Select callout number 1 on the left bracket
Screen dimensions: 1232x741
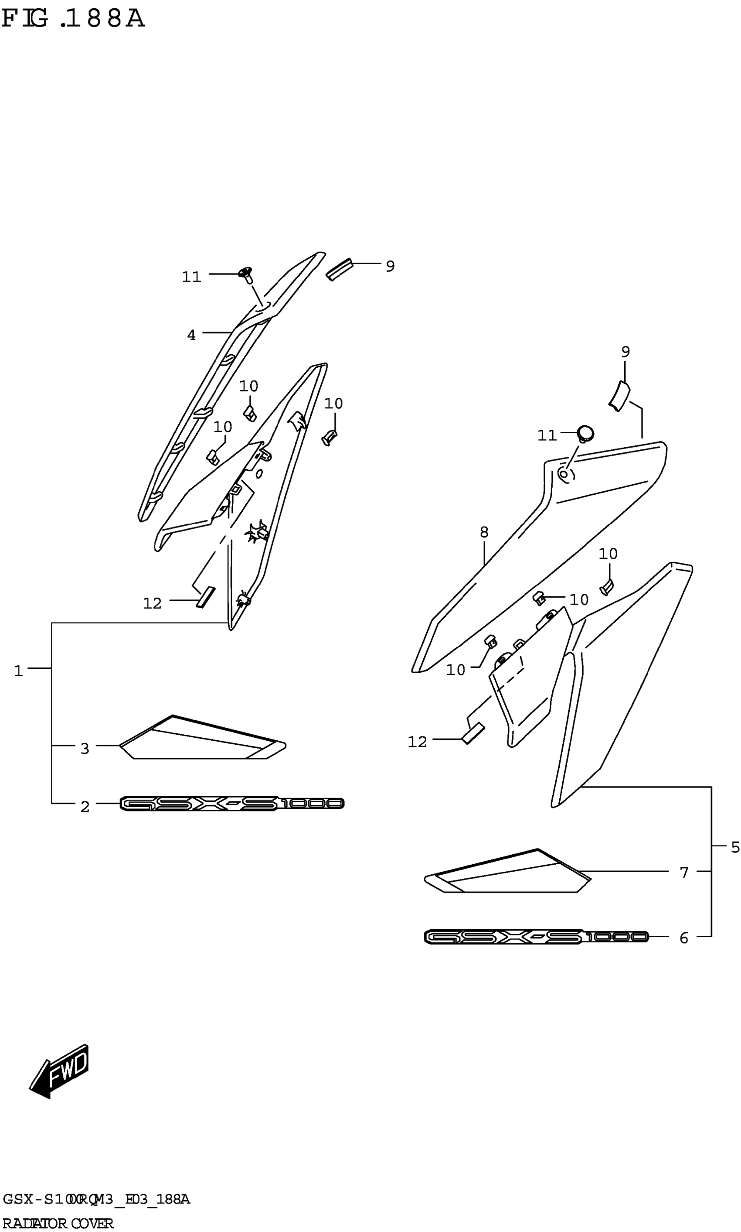pyautogui.click(x=18, y=671)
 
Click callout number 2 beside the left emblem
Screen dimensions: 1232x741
pyautogui.click(x=85, y=806)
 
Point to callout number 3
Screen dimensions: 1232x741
pyautogui.click(x=85, y=748)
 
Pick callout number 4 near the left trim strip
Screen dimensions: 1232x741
pyautogui.click(x=191, y=335)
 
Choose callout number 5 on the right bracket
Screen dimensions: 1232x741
pyautogui.click(x=735, y=847)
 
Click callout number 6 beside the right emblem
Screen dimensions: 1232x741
pyautogui.click(x=684, y=938)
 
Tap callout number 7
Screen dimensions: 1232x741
pyautogui.click(x=684, y=872)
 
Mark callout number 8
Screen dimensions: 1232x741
pyautogui.click(x=484, y=533)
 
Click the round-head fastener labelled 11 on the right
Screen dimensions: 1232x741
pyautogui.click(x=585, y=433)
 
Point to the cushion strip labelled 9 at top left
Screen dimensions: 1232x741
pyautogui.click(x=339, y=269)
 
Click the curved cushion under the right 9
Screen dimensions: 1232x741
pyautogui.click(x=619, y=396)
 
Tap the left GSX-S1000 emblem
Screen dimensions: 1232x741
pyautogui.click(x=232, y=803)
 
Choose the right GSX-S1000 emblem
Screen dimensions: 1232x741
pyautogui.click(x=536, y=937)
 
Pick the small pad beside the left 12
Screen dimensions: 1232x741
pyautogui.click(x=205, y=597)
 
